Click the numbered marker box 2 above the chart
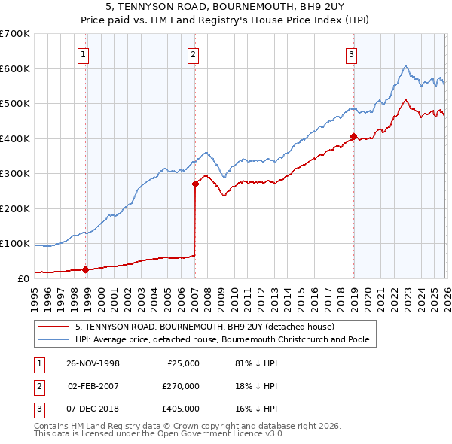pyautogui.click(x=194, y=53)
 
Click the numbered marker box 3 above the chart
pyautogui.click(x=351, y=53)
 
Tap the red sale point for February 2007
pyautogui.click(x=195, y=183)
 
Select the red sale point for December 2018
pyautogui.click(x=353, y=136)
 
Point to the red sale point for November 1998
pyautogui.click(x=85, y=269)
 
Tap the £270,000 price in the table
pyautogui.click(x=181, y=386)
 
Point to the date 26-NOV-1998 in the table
pyautogui.click(x=93, y=363)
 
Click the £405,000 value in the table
pyautogui.click(x=181, y=409)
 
